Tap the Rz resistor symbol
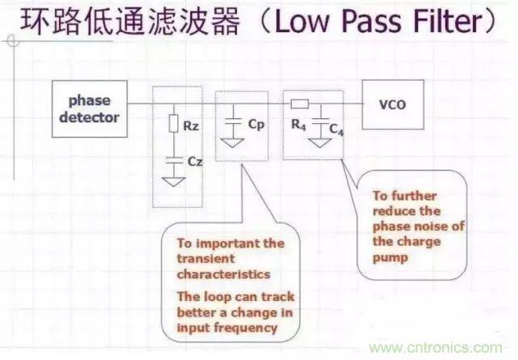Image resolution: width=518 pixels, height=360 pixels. tap(173, 124)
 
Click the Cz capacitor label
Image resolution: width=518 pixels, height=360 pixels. tap(194, 162)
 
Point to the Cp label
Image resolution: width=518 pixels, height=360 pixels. tap(256, 125)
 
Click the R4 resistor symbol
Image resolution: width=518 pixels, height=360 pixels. tap(301, 104)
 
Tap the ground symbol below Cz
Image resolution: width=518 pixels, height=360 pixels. tap(173, 181)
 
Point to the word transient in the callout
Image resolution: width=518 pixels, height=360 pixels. tap(200, 259)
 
